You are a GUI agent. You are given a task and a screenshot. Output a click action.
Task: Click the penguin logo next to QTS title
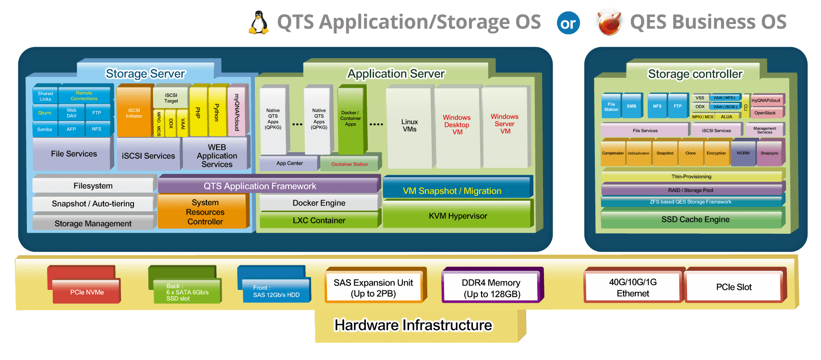click(259, 23)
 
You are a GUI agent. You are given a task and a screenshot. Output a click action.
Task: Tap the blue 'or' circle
click(568, 23)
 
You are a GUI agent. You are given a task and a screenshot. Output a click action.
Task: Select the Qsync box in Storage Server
click(45, 113)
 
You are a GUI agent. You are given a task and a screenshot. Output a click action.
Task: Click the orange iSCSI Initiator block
click(134, 113)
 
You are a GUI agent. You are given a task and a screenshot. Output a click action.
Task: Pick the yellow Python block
click(217, 112)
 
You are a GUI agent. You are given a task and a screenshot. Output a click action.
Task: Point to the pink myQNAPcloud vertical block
click(237, 112)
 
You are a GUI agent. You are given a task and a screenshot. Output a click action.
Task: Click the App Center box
click(289, 163)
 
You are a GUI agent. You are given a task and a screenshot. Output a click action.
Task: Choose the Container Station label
click(350, 164)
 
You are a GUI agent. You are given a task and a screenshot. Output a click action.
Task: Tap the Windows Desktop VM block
click(457, 126)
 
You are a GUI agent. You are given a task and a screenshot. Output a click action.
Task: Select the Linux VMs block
click(410, 126)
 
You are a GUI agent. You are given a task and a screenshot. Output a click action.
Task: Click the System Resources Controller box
click(205, 212)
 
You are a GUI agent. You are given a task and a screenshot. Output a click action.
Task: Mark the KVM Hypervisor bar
click(458, 216)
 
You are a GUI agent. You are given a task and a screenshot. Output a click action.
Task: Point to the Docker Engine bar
click(319, 203)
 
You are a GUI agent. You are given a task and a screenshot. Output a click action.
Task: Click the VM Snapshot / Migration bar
click(452, 191)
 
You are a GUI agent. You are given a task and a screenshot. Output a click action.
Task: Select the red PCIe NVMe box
click(87, 292)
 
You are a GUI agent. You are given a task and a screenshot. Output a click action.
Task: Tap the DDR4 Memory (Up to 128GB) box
click(491, 288)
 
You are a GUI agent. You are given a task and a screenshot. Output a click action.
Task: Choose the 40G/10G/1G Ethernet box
click(632, 288)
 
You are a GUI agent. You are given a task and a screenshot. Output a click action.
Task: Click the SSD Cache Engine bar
click(695, 219)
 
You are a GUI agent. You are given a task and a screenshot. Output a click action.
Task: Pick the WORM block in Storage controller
click(743, 153)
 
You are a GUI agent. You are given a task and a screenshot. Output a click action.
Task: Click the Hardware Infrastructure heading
click(413, 325)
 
